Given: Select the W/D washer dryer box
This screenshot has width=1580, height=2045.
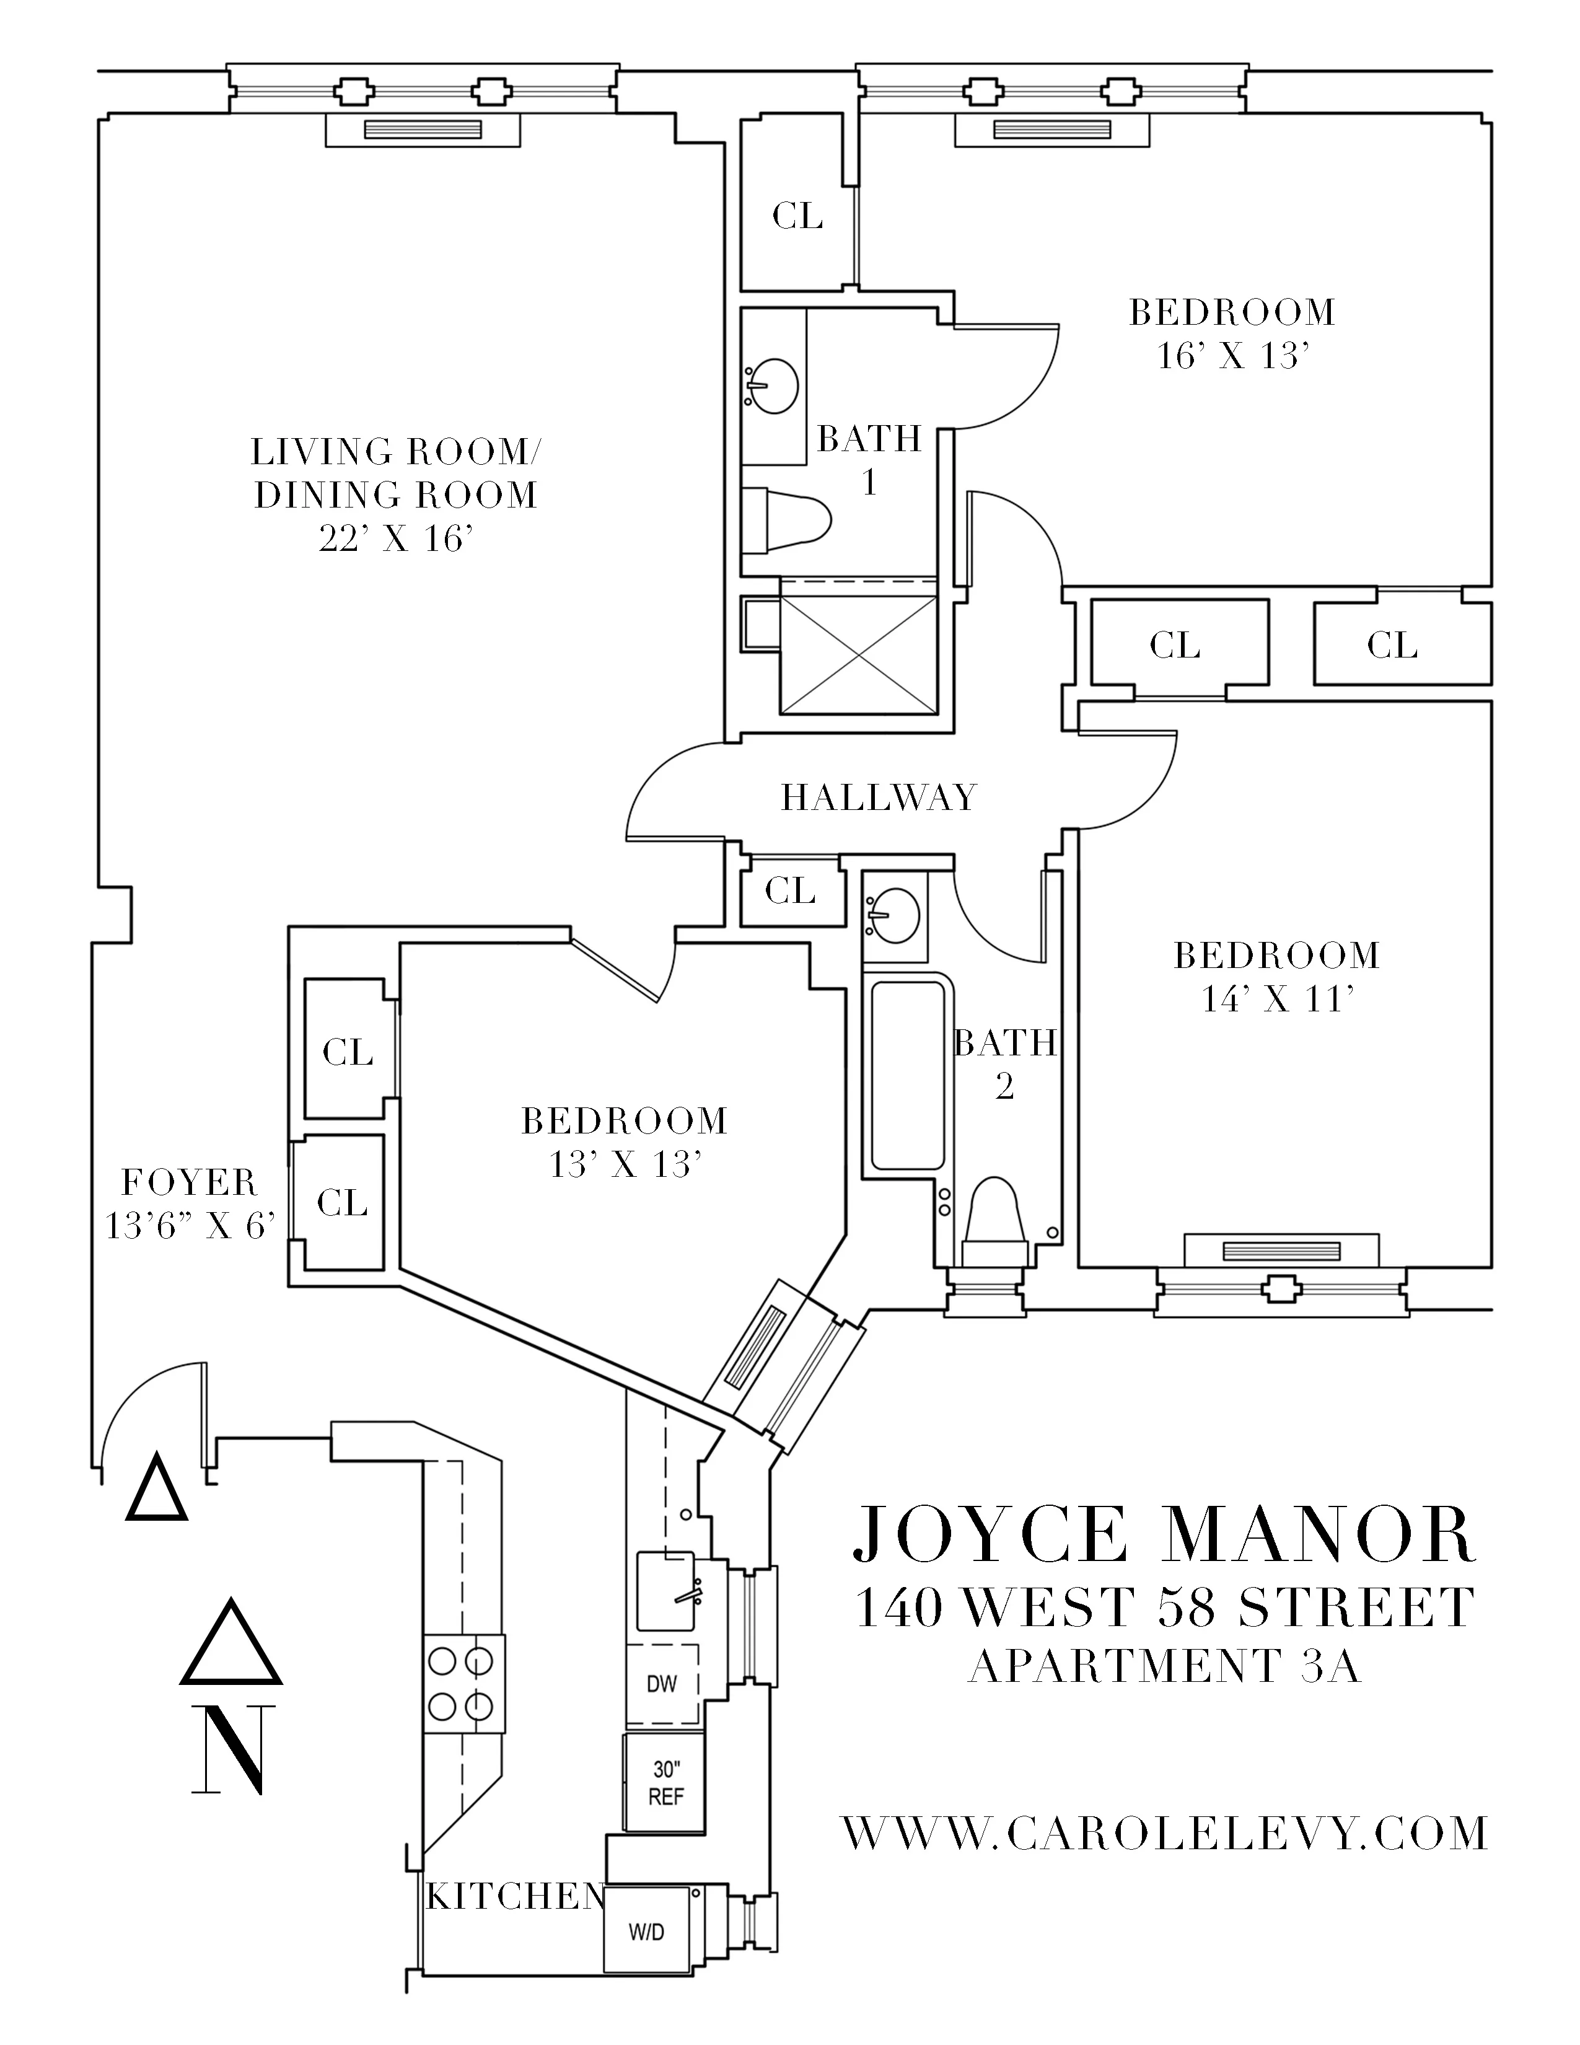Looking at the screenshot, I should tap(646, 1931).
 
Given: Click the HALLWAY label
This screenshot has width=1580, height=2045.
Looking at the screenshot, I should tap(878, 798).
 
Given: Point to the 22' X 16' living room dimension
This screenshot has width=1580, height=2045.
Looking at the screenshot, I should tap(394, 539).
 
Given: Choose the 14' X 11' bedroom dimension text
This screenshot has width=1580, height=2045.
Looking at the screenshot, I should tap(1278, 1000).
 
